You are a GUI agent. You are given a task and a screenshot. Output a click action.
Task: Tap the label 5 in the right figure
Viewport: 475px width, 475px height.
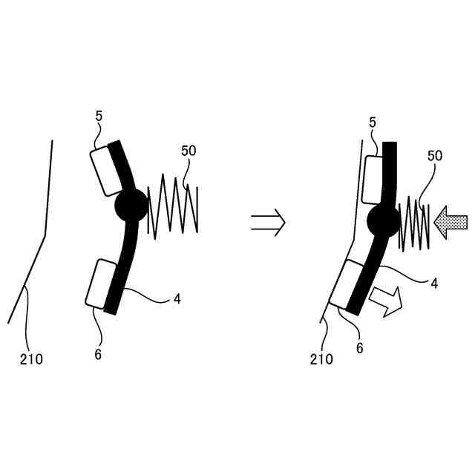pos(373,122)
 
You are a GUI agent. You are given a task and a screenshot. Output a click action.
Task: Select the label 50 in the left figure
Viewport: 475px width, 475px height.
pos(189,150)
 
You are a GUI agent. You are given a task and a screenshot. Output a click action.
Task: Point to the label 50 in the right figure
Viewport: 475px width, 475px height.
pos(436,156)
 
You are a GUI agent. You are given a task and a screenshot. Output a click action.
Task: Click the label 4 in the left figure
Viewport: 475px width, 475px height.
pos(177,298)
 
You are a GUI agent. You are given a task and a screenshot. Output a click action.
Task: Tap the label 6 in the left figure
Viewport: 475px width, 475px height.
pos(98,354)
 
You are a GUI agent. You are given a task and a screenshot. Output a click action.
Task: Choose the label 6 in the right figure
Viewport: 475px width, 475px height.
pos(359,347)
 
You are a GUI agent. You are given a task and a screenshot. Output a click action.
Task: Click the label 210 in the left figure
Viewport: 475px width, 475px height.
pos(31,360)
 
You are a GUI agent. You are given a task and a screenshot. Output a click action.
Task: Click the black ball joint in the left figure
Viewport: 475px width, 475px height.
pos(132,206)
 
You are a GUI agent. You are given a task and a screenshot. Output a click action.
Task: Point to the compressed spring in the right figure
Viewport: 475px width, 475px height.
pos(414,225)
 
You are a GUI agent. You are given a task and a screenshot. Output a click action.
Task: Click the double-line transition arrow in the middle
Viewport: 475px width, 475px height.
pos(267,221)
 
